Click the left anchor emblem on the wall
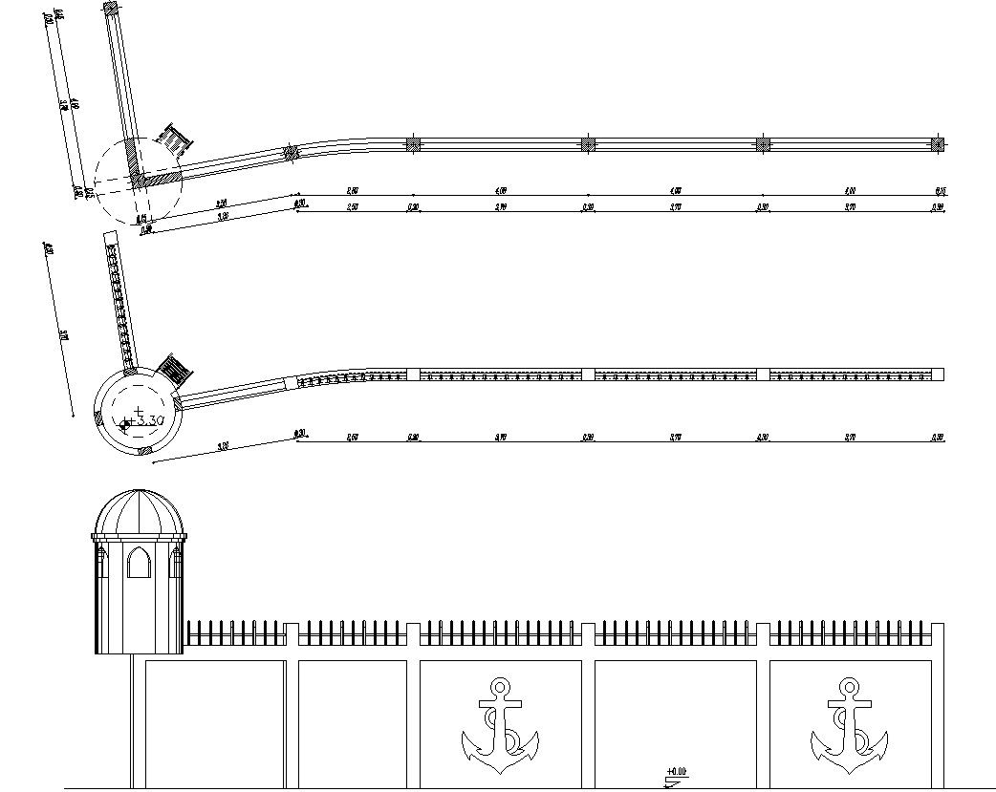click(500, 726)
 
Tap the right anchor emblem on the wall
click(849, 726)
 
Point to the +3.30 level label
click(145, 419)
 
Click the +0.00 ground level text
click(677, 771)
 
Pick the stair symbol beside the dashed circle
click(175, 140)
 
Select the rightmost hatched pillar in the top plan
click(939, 144)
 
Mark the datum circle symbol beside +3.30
click(124, 422)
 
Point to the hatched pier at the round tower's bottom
click(144, 448)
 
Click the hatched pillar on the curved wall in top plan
click(292, 152)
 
